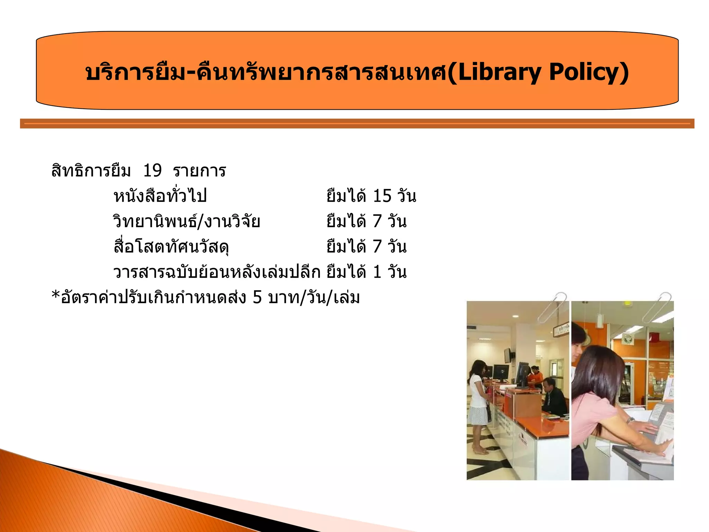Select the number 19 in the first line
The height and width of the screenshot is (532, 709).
(x=152, y=171)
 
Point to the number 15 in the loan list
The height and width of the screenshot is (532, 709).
(x=382, y=196)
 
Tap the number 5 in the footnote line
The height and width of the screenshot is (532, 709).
(x=257, y=297)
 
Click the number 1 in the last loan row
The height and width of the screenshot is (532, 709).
(x=377, y=272)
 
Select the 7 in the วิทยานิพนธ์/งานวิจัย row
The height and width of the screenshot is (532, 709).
(x=377, y=221)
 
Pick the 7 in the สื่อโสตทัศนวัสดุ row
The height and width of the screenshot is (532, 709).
(x=377, y=247)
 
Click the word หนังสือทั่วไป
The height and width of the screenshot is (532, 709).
(x=160, y=196)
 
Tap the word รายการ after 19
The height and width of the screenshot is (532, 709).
(x=199, y=171)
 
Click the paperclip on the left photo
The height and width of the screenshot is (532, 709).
(x=553, y=307)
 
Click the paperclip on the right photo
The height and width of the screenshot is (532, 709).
(x=657, y=307)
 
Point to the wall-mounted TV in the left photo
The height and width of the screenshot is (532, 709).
(x=507, y=355)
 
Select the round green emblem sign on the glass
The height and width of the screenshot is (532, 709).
(x=627, y=339)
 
